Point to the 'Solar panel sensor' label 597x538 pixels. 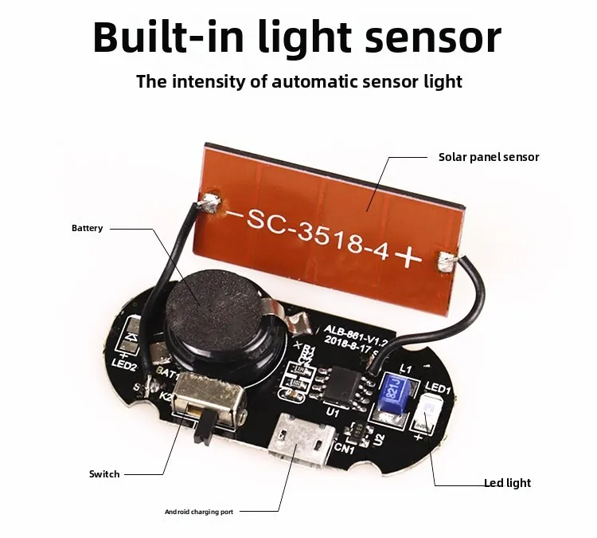point(489,157)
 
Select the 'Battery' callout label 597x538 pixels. point(87,228)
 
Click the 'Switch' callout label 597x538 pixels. point(104,474)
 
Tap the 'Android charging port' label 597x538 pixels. point(203,511)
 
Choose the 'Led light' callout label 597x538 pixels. point(507,483)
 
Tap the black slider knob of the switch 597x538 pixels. point(203,428)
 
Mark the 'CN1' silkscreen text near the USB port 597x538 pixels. point(345,450)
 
